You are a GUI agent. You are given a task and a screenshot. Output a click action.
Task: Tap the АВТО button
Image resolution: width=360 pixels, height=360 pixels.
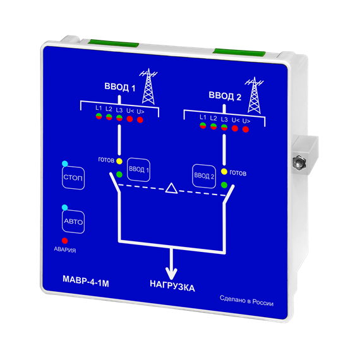[x=73, y=222]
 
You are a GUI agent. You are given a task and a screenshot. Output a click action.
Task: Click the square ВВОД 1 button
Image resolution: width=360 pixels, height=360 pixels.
[x=139, y=170]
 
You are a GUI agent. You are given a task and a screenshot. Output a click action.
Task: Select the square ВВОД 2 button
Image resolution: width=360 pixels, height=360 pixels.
[x=204, y=176]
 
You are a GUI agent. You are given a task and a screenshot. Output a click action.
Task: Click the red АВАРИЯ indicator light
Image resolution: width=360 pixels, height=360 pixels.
[x=65, y=241]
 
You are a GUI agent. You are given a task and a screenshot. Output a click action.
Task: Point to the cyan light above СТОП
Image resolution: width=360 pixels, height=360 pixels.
[x=65, y=164]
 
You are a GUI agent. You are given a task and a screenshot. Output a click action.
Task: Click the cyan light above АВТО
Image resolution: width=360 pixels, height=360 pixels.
[x=65, y=208]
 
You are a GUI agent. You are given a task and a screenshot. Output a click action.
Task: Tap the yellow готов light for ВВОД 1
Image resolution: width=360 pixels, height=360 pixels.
[x=119, y=161]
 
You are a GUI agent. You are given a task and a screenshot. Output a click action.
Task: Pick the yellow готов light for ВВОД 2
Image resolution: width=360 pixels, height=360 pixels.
[x=224, y=172]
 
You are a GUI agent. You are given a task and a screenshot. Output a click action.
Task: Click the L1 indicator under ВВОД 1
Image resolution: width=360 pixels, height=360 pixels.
[x=99, y=116]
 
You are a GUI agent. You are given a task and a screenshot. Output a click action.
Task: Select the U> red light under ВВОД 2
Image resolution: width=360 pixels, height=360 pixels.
[x=246, y=129]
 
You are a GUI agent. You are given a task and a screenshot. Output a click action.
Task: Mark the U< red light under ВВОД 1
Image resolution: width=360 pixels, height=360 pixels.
[x=129, y=119]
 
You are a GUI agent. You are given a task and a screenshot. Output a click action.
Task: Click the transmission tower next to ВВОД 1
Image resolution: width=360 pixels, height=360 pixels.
[x=148, y=87]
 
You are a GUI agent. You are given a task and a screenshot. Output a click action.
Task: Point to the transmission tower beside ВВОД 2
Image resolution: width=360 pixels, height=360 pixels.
[x=254, y=95]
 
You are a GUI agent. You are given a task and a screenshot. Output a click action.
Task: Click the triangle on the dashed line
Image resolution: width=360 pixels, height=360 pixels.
[x=171, y=188]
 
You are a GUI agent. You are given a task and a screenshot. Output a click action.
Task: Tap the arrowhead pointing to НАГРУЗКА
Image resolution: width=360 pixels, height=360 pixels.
[x=171, y=273]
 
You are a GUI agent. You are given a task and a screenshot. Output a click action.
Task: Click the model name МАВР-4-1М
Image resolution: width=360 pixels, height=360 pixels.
[x=86, y=281]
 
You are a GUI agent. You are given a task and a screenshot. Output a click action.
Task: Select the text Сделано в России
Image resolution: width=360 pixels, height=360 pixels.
[x=246, y=301]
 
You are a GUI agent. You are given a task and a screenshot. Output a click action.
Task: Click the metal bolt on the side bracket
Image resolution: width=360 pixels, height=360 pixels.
[x=299, y=162]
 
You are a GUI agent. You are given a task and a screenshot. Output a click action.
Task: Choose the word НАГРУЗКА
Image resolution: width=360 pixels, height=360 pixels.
[x=172, y=286]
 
